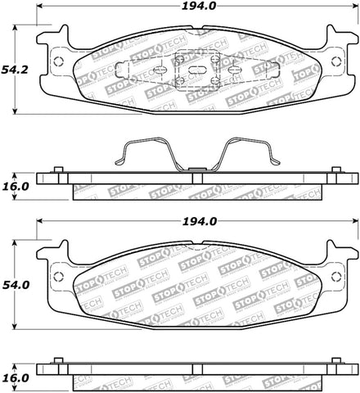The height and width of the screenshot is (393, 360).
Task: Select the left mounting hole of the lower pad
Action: point(56,275)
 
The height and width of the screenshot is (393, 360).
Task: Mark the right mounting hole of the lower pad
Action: point(338,275)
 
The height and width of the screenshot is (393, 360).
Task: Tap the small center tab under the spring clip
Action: point(196,170)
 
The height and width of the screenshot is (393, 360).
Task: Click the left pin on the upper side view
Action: point(58,170)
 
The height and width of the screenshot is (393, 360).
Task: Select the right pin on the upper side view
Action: point(335,170)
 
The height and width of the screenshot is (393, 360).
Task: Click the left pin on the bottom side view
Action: point(58,361)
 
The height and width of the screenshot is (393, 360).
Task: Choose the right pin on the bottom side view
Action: point(335,361)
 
